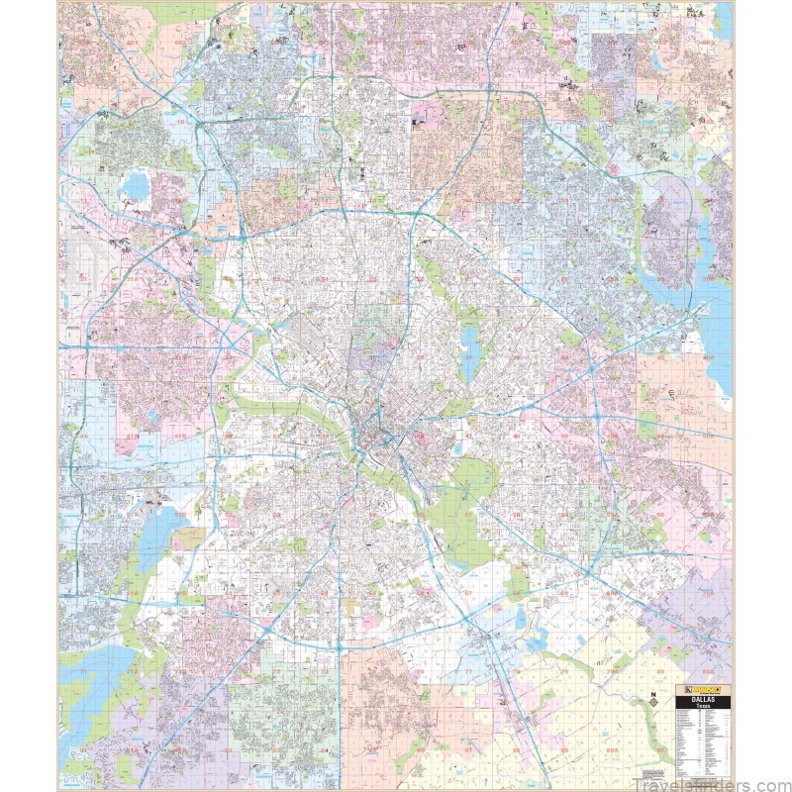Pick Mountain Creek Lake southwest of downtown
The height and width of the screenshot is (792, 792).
[148, 540]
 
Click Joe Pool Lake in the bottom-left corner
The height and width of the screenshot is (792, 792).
[99, 683]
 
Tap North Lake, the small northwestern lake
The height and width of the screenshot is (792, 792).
[135, 184]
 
